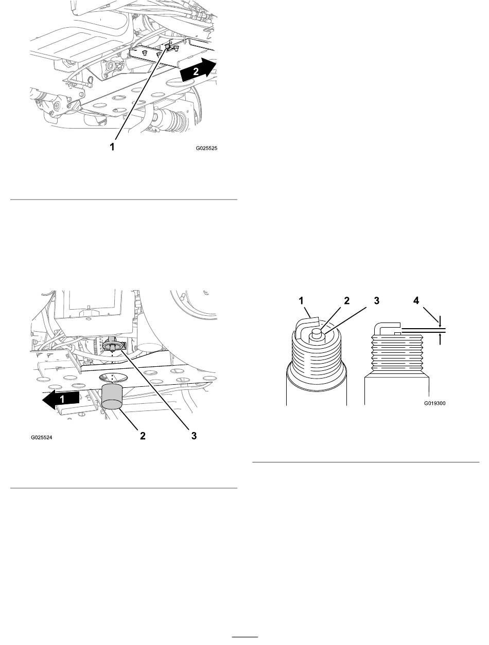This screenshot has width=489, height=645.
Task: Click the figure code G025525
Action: click(206, 149)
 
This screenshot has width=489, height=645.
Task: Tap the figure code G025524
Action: click(42, 438)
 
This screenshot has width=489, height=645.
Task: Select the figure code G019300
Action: click(434, 403)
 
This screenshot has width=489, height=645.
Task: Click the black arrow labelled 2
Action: click(198, 69)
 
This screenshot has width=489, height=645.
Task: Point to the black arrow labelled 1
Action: click(61, 399)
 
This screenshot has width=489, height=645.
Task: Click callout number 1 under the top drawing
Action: click(112, 147)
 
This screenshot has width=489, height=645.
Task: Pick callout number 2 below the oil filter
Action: click(143, 436)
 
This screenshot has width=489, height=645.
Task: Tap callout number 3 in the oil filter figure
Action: click(194, 436)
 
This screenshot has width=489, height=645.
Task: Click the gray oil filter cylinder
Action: click(113, 396)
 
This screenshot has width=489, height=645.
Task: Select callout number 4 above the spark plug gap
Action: click(416, 300)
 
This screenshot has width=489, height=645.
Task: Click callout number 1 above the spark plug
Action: click(301, 300)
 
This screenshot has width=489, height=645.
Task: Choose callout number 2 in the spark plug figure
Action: click(347, 300)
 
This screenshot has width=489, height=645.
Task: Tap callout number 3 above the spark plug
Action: click(377, 300)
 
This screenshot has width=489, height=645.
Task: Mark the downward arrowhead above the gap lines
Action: click(440, 325)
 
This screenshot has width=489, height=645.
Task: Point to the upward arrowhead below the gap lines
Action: click(440, 335)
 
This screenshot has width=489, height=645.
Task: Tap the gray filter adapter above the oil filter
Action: click(113, 345)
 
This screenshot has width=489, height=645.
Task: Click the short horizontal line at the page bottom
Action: click(244, 635)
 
